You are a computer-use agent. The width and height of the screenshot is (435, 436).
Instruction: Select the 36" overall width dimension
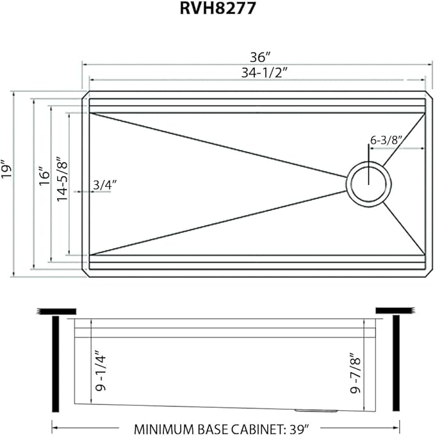[258, 56]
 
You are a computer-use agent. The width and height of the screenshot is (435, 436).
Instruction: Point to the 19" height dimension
[7, 168]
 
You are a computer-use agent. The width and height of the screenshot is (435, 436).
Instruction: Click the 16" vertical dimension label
[43, 174]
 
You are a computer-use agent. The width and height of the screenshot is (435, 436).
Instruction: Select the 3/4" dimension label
[104, 184]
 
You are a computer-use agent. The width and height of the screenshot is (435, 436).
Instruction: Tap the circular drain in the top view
[368, 183]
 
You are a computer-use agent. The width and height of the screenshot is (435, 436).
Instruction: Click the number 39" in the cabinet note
[299, 427]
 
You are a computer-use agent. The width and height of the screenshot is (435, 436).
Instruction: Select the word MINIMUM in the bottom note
[163, 427]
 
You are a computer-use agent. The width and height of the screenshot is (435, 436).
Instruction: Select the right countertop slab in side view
[395, 311]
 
